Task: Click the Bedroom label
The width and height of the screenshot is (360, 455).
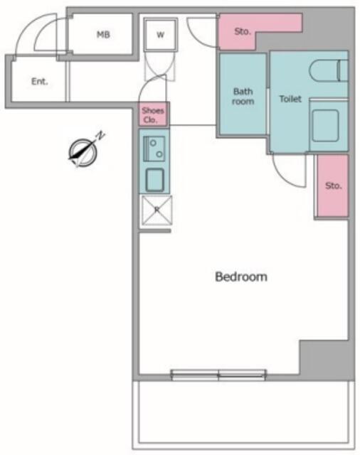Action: [x=241, y=277]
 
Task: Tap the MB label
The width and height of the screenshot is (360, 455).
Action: [x=103, y=35]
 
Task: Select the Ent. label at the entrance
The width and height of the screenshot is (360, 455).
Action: [x=39, y=82]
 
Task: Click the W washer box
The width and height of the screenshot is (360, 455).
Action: [x=160, y=35]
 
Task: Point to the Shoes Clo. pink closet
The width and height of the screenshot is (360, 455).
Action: [x=153, y=114]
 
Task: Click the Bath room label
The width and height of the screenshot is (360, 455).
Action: [x=243, y=97]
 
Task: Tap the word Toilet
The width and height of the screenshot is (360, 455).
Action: [x=290, y=99]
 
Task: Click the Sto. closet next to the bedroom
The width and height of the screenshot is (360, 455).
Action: [x=332, y=186]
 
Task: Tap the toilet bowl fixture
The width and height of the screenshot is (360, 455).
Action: [x=328, y=70]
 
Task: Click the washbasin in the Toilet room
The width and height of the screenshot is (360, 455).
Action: [x=326, y=125]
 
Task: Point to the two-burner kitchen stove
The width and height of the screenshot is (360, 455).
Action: [x=154, y=149]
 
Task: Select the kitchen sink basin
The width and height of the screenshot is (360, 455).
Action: [x=154, y=180]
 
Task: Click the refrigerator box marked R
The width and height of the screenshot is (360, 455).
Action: [x=157, y=210]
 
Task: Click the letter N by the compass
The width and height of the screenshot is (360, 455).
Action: [x=100, y=136]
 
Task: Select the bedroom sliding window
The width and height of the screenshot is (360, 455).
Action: [x=218, y=375]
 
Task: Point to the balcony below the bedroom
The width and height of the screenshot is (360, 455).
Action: [x=243, y=415]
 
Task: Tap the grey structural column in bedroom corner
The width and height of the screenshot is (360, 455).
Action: [x=327, y=360]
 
